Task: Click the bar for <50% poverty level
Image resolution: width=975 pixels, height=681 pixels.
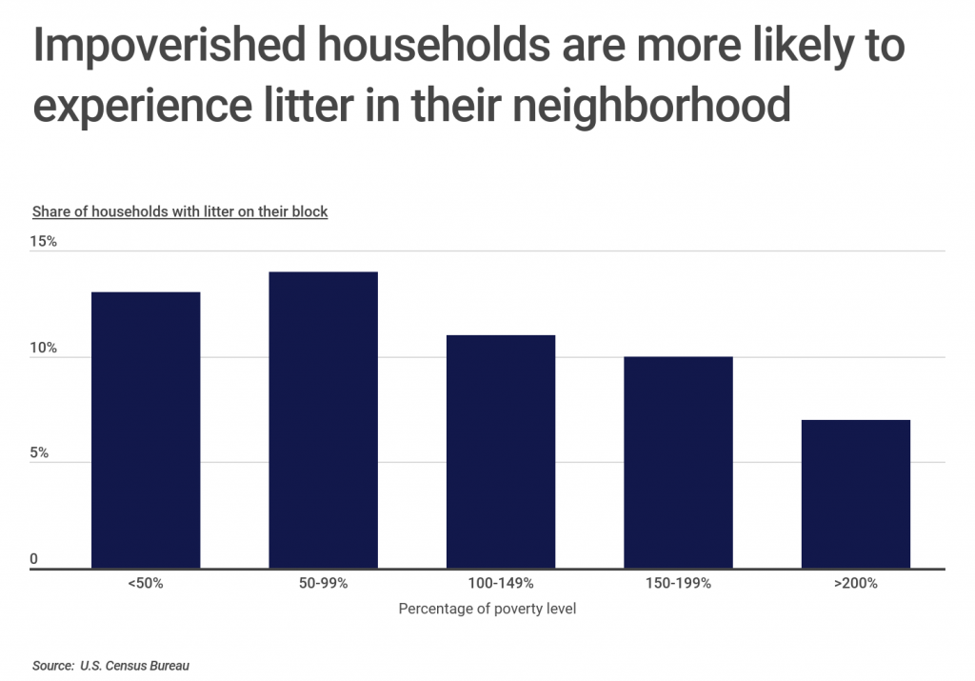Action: coord(146,430)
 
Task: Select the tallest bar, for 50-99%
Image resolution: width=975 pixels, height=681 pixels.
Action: coord(323,420)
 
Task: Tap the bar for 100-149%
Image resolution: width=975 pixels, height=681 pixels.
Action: coord(501,451)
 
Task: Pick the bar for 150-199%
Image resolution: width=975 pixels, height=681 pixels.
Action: coord(678,462)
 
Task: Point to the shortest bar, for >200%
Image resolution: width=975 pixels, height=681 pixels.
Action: coord(855,493)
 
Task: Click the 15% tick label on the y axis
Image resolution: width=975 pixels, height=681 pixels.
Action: coord(43,242)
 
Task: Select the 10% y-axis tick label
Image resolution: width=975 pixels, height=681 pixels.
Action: coord(43,349)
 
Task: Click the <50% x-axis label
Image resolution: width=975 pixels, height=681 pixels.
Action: coord(146,583)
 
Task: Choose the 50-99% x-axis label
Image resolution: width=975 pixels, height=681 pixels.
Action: coord(323,583)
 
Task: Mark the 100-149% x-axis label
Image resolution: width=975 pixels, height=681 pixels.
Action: coord(501,583)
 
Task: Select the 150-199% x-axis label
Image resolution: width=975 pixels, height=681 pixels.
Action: coord(678,583)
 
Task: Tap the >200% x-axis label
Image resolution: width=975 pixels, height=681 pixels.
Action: coord(855,583)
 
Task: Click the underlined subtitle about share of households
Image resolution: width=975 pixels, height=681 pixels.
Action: coord(180,211)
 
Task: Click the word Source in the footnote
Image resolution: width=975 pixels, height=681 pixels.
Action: coord(51,666)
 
